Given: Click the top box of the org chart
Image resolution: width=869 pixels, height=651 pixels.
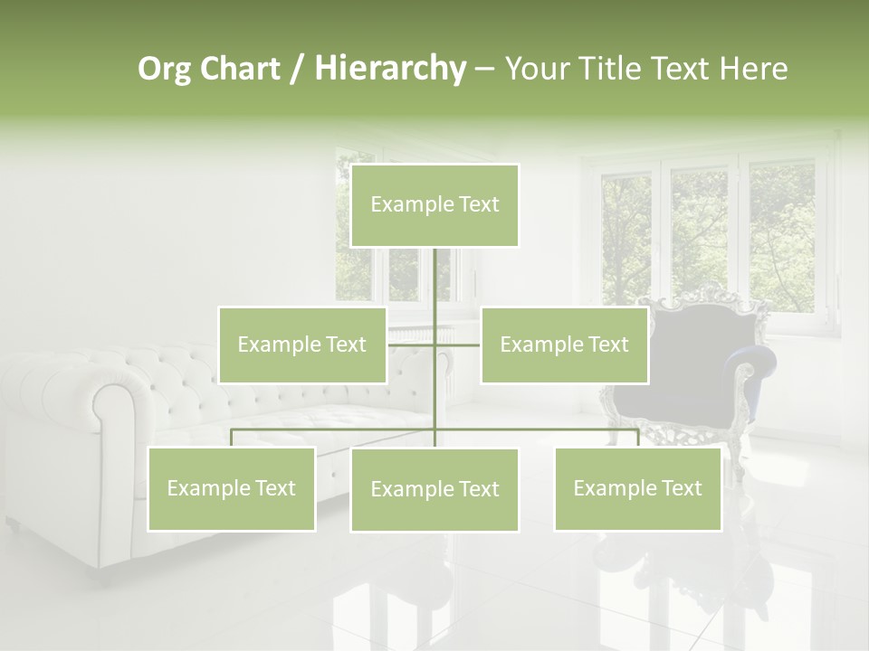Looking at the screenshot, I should tap(434, 205).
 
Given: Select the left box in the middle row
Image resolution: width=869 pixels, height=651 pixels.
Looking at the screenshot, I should tap(302, 344).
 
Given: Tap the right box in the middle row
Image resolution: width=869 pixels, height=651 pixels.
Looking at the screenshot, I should tap(565, 344).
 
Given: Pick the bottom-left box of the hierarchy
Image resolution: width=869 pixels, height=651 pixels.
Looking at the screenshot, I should tap(232, 488).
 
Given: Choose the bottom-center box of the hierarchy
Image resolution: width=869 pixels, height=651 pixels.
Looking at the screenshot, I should tap(434, 490).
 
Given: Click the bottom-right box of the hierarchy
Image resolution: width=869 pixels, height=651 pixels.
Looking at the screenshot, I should tap(638, 488).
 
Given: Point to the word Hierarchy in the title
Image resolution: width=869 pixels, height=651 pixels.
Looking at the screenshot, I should tap(390, 69).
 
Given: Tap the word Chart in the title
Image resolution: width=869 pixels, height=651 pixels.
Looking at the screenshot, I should tap(240, 69).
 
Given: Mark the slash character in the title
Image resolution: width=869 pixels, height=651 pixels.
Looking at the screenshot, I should tap(297, 70).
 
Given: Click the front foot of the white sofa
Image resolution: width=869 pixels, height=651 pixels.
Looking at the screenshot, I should tap(13, 524).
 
